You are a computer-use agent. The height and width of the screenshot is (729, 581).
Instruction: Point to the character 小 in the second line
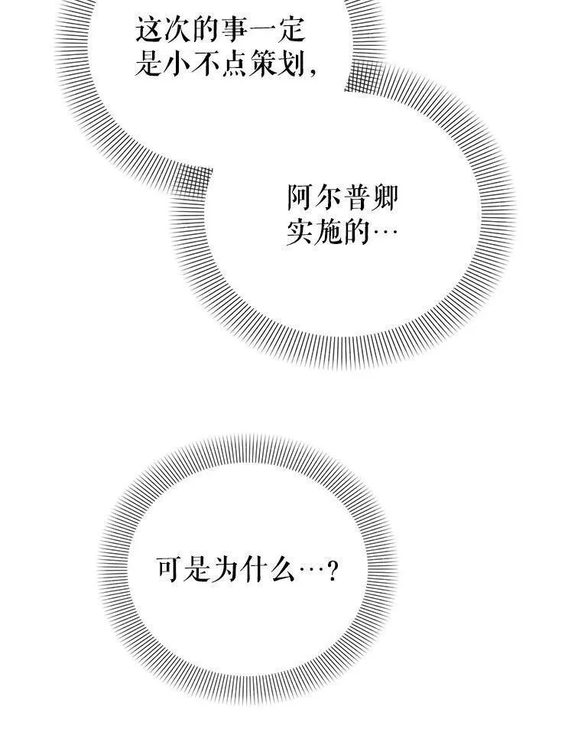tap(177, 63)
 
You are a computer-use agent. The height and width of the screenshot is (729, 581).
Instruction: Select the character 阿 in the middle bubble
tap(300, 197)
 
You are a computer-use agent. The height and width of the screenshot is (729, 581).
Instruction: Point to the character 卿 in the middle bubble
tap(385, 197)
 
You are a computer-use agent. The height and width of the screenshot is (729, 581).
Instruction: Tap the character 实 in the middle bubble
tap(300, 232)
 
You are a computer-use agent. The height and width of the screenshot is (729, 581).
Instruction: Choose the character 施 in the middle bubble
tap(329, 232)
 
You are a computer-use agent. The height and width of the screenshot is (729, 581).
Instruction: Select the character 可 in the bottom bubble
tap(169, 568)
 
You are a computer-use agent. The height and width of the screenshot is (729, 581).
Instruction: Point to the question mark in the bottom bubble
tap(332, 570)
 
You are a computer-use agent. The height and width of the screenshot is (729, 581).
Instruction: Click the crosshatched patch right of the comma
tap(365, 76)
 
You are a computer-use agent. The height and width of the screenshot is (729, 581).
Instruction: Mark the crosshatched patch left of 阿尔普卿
tap(191, 181)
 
